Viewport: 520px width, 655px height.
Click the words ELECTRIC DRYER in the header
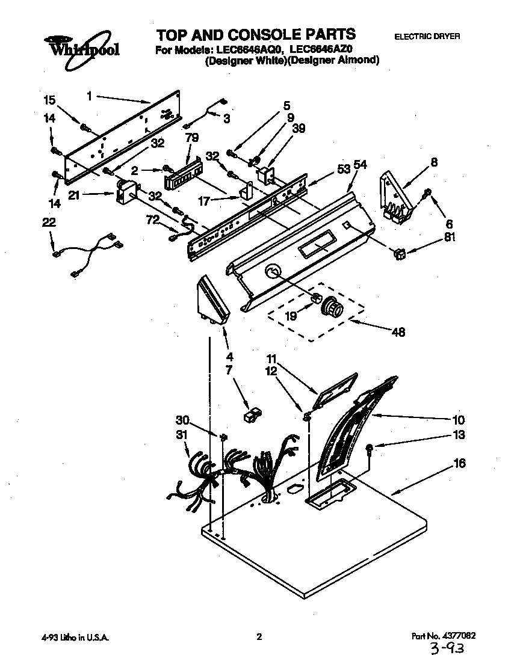pyautogui.click(x=427, y=37)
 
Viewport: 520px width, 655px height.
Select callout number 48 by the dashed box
pyautogui.click(x=398, y=331)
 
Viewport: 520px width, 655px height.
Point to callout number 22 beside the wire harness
pyautogui.click(x=49, y=223)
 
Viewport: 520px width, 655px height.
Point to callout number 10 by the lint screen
pyautogui.click(x=459, y=420)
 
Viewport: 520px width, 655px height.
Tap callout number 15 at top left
pyautogui.click(x=49, y=99)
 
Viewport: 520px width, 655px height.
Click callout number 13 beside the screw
pyautogui.click(x=459, y=435)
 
